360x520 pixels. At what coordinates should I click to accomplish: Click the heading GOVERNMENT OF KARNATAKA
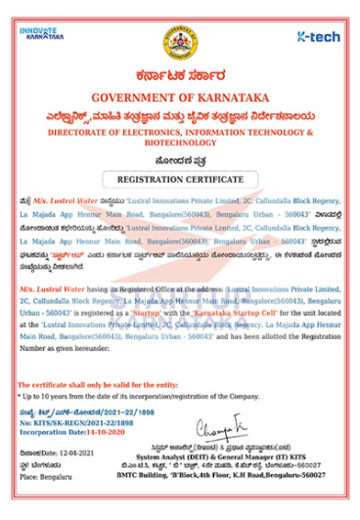(x=180, y=98)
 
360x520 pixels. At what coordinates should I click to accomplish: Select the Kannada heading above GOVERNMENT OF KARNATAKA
(x=180, y=77)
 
